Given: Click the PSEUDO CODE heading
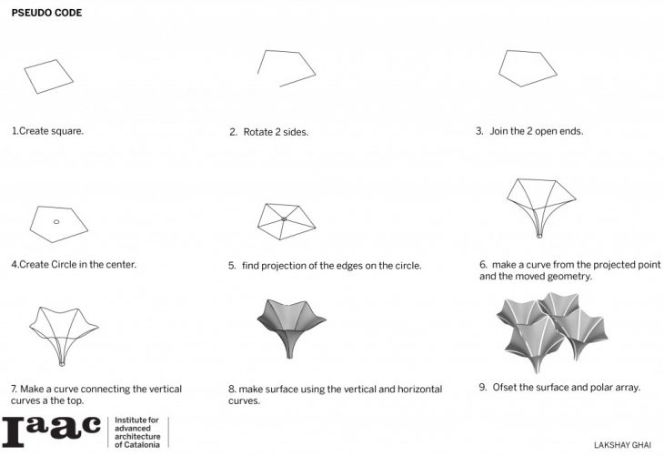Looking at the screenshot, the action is pos(46,13).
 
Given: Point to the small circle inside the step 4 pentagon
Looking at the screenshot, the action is pos(56,222).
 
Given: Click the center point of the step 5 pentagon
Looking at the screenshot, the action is pos(284,219).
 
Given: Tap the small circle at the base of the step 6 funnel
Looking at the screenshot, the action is pos(539,236).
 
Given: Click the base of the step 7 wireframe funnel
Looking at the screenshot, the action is pos(62,364).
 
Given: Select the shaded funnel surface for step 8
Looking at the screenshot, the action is pos(291,327).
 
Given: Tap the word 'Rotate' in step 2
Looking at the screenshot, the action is pos(258,132).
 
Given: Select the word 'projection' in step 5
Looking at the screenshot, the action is pos(284,266).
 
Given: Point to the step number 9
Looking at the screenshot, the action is pos(483,388).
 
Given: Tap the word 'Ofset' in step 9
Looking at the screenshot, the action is pos(504,388).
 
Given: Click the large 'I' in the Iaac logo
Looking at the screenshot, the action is pos(14,431).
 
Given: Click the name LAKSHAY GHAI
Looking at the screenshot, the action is pos(622,445).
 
